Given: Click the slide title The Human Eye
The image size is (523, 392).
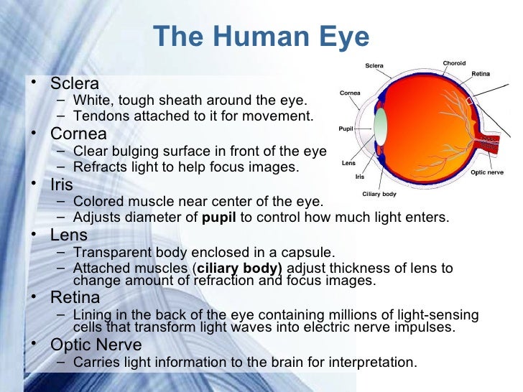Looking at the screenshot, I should tap(261, 37).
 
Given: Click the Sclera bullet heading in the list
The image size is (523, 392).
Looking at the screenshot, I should tap(74, 84).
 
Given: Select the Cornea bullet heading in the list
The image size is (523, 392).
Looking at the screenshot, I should tap(78, 134).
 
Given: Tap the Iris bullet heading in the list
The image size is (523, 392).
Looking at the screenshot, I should tap(62, 185).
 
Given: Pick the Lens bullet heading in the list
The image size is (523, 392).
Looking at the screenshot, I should tap(69, 235).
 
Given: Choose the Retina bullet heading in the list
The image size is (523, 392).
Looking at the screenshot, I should tap(75, 297).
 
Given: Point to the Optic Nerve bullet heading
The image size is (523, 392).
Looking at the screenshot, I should tap(95, 345).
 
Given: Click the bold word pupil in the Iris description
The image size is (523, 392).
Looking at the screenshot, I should tap(220, 218).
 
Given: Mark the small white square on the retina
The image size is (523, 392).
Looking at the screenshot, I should tap(471, 101).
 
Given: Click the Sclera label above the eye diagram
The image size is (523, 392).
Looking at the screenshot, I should tap(374, 66).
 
